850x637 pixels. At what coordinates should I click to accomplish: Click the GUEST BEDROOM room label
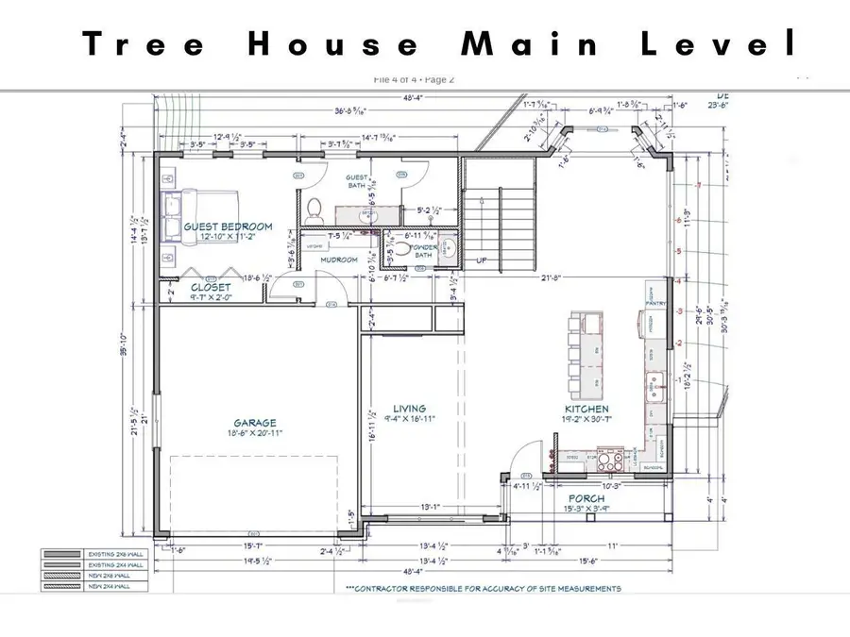click(228, 226)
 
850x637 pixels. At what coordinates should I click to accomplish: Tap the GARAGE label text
click(255, 423)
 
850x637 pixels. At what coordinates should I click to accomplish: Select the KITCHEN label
click(586, 409)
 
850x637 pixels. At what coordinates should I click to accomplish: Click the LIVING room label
click(409, 409)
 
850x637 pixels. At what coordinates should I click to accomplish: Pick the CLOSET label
click(210, 287)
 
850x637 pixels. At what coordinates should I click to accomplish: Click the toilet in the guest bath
click(316, 208)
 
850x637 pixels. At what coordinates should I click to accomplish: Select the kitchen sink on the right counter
click(656, 382)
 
